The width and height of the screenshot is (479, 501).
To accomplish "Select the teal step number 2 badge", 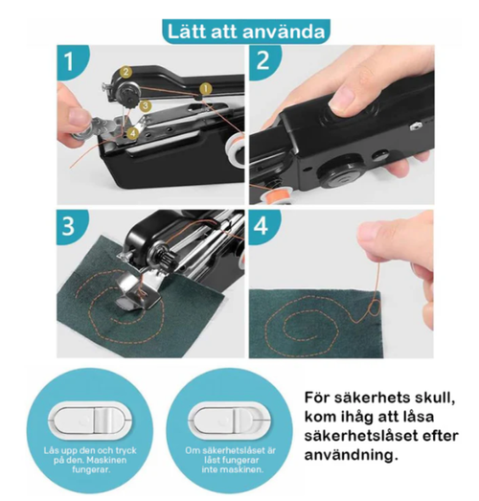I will click(x=264, y=62).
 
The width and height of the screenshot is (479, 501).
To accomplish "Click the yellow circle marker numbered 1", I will click(x=205, y=88).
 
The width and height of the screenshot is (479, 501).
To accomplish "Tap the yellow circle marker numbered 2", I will click(x=125, y=73).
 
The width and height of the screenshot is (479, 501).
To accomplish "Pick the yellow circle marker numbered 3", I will click(x=144, y=103).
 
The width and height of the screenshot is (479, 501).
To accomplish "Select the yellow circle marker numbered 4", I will click(x=131, y=133).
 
